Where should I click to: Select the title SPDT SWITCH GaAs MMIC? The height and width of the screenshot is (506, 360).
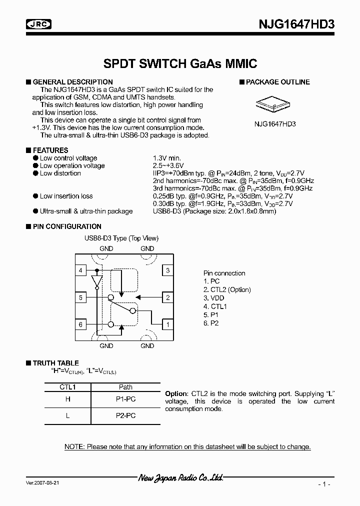(180, 63)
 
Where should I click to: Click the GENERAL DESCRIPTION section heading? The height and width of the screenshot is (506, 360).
(72, 82)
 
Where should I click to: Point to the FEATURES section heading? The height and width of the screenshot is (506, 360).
(50, 150)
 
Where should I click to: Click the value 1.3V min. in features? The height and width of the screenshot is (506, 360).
(166, 158)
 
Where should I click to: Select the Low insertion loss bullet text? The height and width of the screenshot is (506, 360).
(66, 196)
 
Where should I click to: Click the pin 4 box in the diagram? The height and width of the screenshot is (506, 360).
(80, 271)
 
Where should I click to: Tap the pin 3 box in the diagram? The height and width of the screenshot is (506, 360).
(168, 271)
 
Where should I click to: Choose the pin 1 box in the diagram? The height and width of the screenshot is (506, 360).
(168, 324)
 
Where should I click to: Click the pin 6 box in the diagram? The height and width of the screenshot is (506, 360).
(80, 324)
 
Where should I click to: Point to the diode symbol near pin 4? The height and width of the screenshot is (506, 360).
(97, 282)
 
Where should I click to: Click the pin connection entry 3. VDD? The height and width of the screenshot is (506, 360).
(214, 298)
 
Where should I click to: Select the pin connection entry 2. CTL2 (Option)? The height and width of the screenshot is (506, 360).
(227, 289)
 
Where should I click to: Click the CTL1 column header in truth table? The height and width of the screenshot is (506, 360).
(67, 387)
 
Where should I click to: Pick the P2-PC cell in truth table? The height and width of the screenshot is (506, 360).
(126, 415)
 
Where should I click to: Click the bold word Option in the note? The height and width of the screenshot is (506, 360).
(176, 394)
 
